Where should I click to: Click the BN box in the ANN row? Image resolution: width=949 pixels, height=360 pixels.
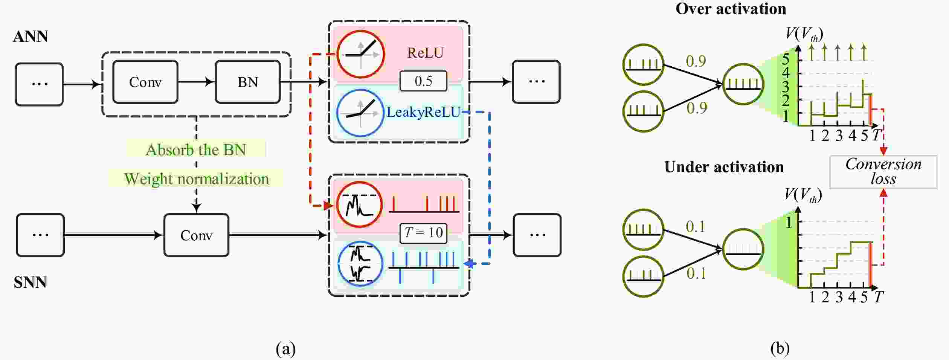[x=247, y=82]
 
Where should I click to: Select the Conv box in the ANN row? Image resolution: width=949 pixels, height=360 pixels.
[x=145, y=82]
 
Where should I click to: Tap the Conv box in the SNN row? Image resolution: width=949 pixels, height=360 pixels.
[x=196, y=235]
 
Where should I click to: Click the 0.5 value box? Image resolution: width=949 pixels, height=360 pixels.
[x=423, y=81]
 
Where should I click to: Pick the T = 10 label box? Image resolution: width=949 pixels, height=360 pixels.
[x=423, y=232]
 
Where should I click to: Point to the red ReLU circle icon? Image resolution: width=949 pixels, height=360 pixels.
[x=360, y=54]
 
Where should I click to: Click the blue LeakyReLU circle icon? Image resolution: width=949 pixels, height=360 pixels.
[x=360, y=113]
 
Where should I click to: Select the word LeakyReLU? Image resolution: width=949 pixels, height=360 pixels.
[x=424, y=112]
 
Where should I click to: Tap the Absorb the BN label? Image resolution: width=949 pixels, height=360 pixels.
[x=196, y=149]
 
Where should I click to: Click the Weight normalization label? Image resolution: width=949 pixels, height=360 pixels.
[x=196, y=178]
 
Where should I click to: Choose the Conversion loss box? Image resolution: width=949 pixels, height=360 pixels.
[x=883, y=171]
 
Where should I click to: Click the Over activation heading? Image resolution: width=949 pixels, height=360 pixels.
[x=731, y=9]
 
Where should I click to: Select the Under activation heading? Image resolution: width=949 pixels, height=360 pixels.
[x=724, y=167]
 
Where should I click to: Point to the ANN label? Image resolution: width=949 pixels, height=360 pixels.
[x=31, y=37]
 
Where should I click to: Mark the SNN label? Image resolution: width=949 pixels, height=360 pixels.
[x=30, y=282]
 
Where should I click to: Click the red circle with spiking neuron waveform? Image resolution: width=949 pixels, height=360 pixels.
[x=359, y=205]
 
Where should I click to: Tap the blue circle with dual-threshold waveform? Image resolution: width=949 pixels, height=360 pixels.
[x=360, y=264]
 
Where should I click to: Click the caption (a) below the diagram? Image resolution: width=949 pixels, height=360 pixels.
[x=285, y=349]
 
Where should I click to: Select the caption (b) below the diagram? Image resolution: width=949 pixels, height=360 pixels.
[x=780, y=349]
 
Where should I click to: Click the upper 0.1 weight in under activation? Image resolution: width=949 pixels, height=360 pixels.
[x=695, y=226]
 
